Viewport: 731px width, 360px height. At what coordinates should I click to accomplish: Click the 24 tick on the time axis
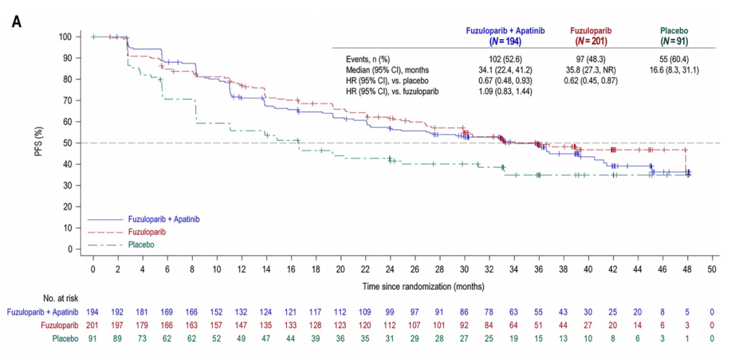coord(391,269)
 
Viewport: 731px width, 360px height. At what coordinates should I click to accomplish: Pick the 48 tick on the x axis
coord(687,269)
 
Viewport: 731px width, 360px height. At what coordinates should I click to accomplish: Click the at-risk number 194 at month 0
coord(93,313)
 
